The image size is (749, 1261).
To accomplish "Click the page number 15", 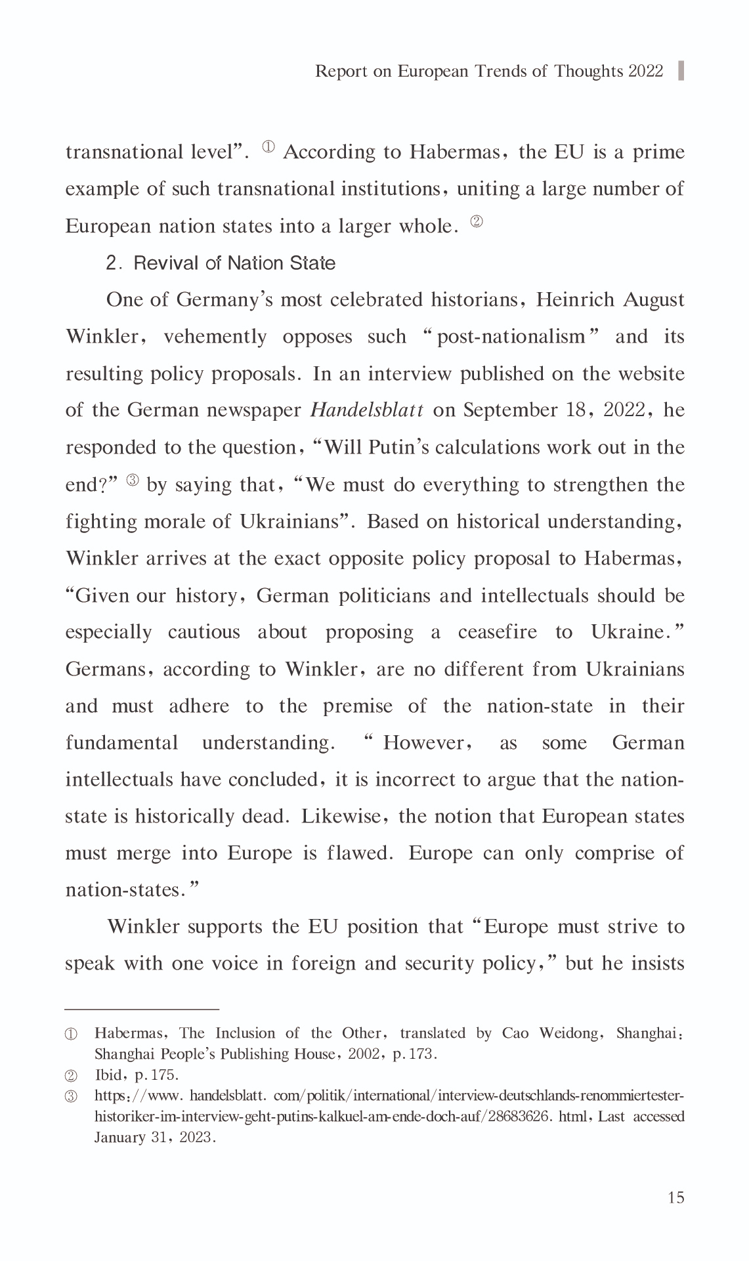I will tap(675, 1197).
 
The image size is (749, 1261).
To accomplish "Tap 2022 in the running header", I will tap(646, 71).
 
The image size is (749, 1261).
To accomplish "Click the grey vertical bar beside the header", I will tap(681, 71).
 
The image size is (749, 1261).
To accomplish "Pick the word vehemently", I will tap(215, 337).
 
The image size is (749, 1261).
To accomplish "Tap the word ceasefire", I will tap(497, 632).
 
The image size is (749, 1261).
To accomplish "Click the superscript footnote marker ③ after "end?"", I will tap(133, 480).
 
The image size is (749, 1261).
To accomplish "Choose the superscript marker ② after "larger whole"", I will tap(477, 222).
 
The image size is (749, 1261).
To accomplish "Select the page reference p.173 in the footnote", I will tap(416, 1054).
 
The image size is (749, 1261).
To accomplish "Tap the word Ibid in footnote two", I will tap(108, 1075).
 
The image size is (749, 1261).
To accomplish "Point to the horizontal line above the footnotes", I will tap(142, 1008).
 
